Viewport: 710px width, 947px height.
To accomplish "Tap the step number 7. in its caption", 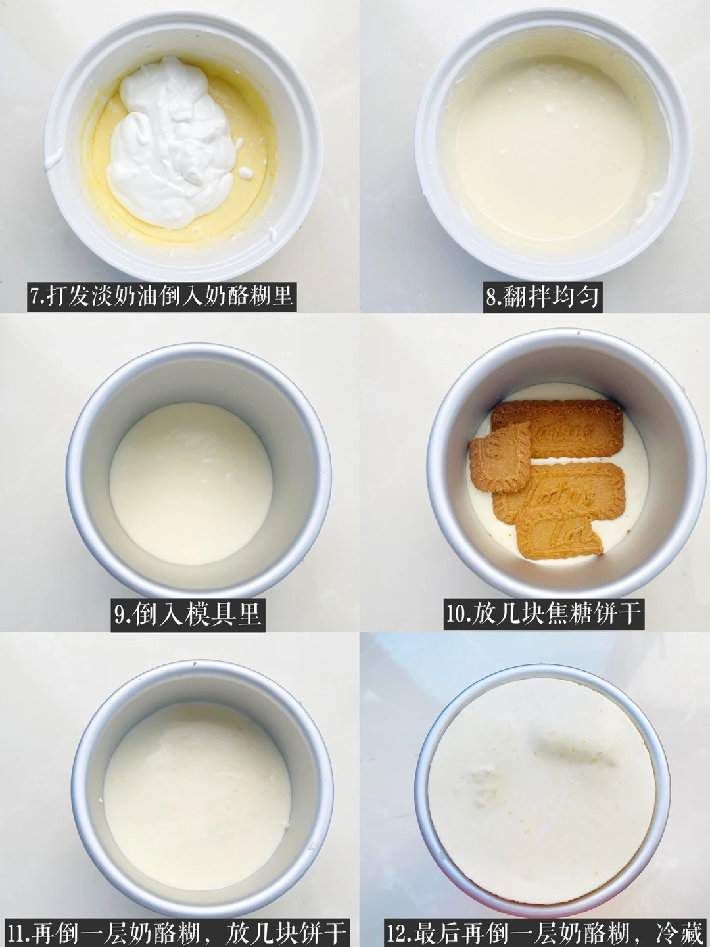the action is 37,297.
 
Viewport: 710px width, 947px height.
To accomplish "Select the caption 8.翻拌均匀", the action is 542,297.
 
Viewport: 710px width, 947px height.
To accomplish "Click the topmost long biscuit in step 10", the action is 557,428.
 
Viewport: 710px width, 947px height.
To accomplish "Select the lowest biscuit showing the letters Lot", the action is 559,535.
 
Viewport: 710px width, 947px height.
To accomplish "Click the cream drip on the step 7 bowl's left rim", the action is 53,158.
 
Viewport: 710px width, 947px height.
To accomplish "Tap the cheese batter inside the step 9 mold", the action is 191,483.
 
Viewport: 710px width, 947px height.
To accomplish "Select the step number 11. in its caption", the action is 18,932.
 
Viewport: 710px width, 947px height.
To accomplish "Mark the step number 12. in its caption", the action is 400,932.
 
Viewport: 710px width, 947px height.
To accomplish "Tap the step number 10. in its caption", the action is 458,614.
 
